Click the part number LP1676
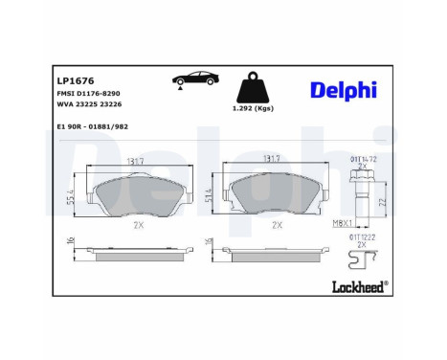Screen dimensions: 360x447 pyautogui.click(x=75, y=80)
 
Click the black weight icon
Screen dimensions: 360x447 pyautogui.click(x=255, y=88)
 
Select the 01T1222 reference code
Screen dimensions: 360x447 pyautogui.click(x=362, y=236)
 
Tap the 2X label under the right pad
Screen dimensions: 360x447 pyautogui.click(x=277, y=225)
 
